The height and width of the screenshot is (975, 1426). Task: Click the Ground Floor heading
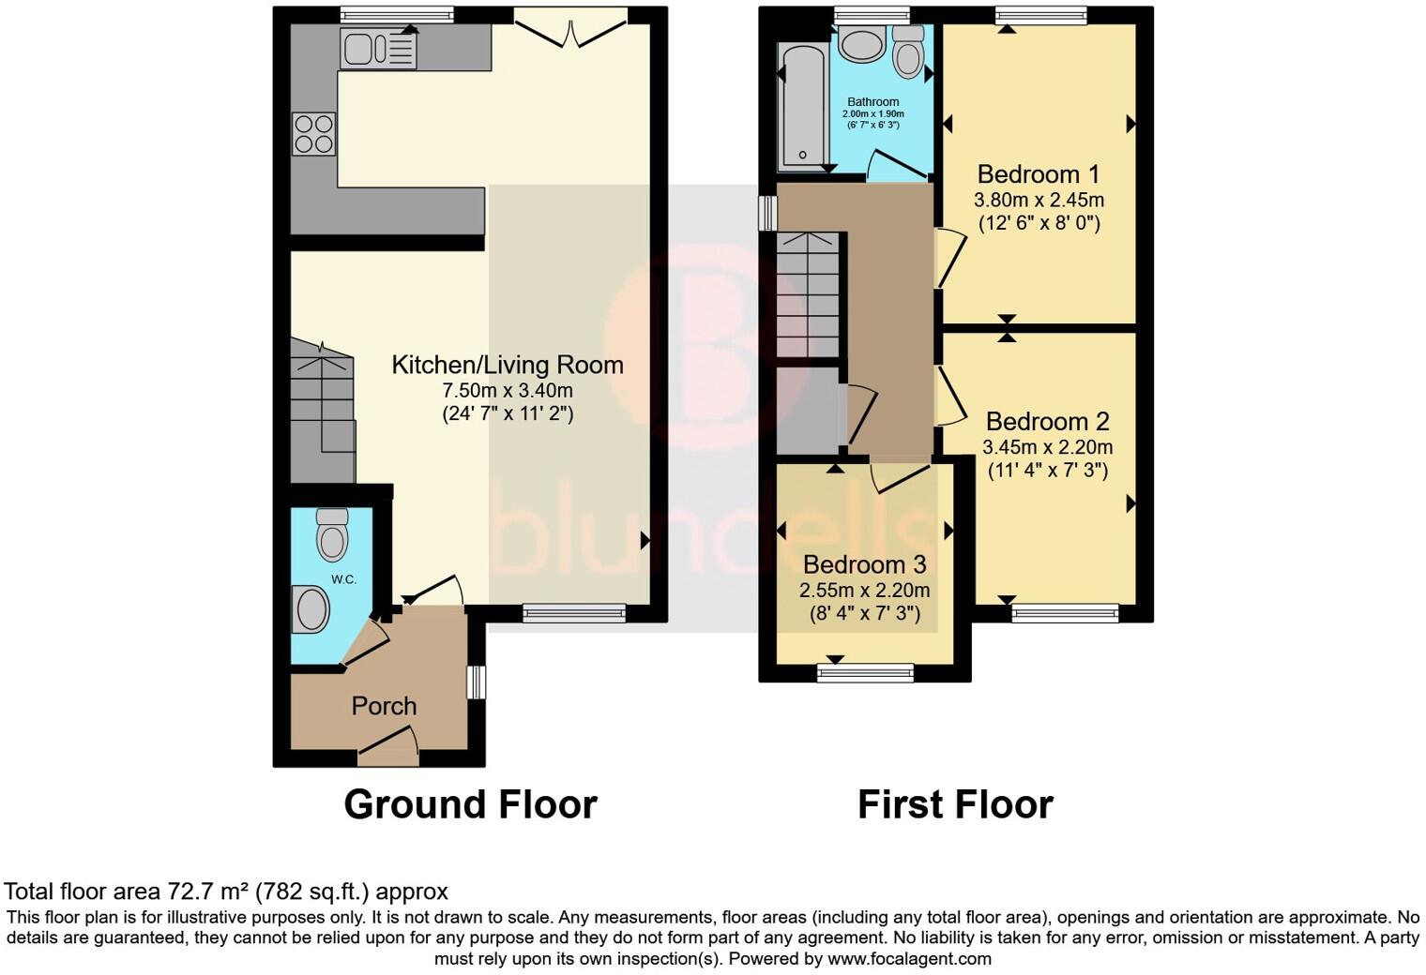[470, 804]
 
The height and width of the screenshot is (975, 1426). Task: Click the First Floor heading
[955, 804]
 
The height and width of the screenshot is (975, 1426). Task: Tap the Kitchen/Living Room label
[507, 365]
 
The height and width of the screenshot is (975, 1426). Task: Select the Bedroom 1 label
[1039, 174]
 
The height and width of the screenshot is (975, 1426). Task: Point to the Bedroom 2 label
[1047, 422]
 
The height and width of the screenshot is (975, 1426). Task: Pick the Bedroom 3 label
[864, 564]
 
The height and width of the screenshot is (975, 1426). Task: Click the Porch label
[384, 706]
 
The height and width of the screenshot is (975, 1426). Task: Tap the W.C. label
[343, 579]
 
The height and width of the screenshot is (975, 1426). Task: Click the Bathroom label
[872, 102]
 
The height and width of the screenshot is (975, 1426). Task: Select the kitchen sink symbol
[379, 49]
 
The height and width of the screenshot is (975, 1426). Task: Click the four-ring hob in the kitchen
[313, 132]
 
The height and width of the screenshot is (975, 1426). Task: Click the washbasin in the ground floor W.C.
[311, 609]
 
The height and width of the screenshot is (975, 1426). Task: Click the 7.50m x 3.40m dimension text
[507, 390]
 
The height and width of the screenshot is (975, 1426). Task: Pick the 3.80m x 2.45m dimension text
[1039, 200]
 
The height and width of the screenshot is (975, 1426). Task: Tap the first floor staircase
[808, 295]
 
